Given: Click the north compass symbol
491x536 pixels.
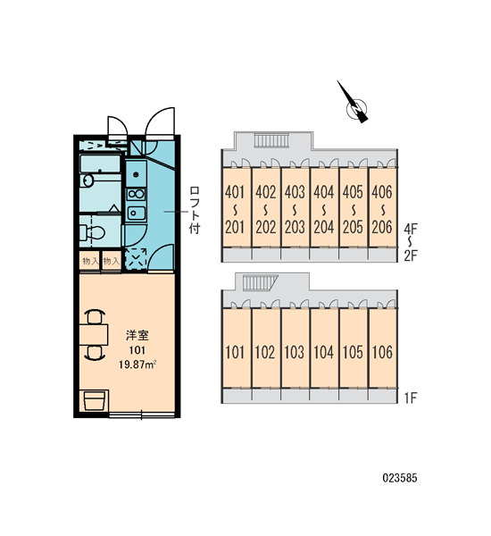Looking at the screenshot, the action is [354, 105].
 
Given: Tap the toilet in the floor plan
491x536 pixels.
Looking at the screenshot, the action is [92, 232].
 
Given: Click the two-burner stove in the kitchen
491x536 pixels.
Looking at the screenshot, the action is [136, 194].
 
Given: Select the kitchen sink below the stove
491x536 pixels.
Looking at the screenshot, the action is [136, 214].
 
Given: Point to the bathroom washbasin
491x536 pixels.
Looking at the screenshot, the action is [87, 180].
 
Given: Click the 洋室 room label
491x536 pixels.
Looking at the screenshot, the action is [137, 336].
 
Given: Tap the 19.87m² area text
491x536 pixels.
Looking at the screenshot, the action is [137, 364].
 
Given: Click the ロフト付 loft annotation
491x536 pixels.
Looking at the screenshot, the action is [195, 210].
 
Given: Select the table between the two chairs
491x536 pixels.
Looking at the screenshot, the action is [94, 335].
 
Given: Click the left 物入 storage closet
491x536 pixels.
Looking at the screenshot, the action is [90, 262].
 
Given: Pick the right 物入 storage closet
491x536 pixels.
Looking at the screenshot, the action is [112, 262].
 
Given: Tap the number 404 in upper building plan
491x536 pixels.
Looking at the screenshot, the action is [323, 192].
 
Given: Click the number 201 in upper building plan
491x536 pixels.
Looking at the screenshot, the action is [235, 227].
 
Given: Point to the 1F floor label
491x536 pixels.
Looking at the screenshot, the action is [411, 398].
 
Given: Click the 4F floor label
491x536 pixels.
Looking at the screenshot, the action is [411, 229].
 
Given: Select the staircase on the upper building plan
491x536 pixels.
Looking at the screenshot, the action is [271, 140].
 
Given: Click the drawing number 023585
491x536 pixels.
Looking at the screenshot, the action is [400, 478].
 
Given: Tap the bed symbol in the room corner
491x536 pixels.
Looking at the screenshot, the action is [95, 400].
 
